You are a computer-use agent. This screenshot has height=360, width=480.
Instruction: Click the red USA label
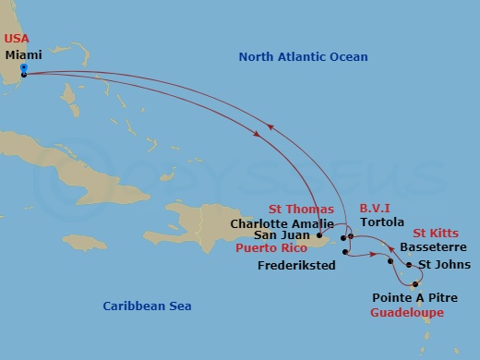(18, 38)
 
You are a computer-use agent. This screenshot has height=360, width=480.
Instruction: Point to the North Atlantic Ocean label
(303, 57)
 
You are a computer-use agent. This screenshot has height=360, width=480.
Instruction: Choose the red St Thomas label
(301, 210)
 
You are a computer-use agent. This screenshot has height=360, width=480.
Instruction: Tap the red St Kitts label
(438, 234)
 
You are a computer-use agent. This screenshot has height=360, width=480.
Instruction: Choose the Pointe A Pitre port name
(412, 298)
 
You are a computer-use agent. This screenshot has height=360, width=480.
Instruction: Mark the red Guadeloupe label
(406, 313)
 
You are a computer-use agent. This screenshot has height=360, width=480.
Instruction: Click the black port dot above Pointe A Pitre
(415, 283)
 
